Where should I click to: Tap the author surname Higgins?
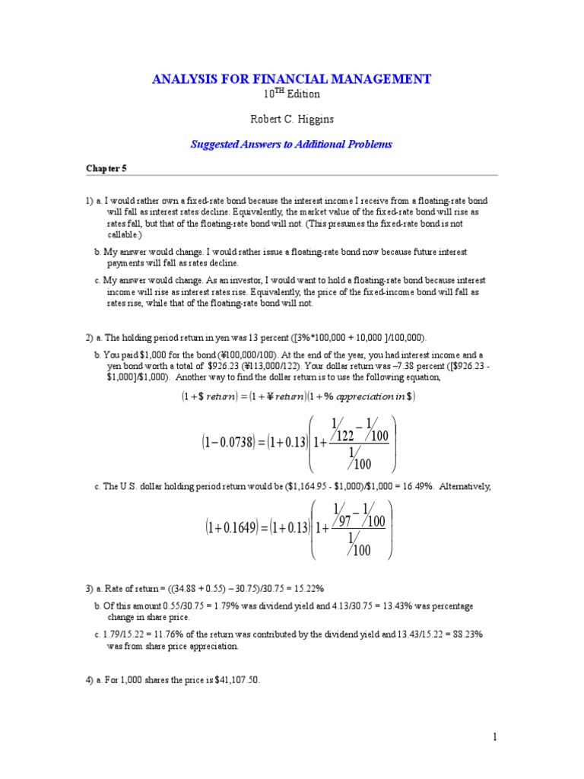(319, 119)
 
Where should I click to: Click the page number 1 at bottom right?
(494, 736)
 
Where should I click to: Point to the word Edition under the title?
(303, 94)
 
